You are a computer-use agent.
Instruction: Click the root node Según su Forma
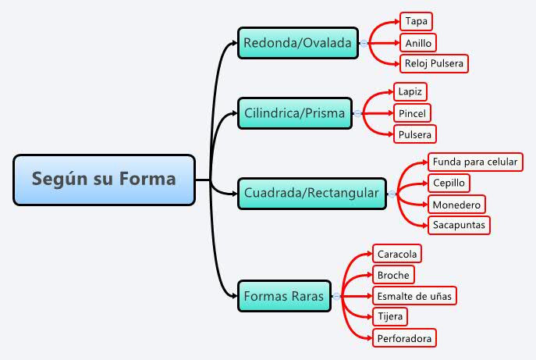pos(104,180)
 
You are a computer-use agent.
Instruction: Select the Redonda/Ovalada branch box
pos(297,42)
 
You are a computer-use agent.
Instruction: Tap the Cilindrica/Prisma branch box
pos(294,113)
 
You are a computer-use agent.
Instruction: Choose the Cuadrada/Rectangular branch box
pos(311,192)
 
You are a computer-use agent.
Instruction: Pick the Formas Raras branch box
pos(283,296)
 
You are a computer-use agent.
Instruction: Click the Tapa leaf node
pos(416,21)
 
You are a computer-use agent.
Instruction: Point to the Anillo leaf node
pos(418,42)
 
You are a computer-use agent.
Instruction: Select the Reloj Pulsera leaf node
pos(435,63)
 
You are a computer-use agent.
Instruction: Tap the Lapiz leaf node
pos(410,91)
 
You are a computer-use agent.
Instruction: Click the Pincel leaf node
pos(412,113)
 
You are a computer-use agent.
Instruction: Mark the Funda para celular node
pos(474,162)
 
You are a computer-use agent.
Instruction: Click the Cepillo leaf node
pos(449,183)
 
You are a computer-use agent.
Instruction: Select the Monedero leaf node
pos(456,204)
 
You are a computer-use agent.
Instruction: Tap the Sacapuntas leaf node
pos(459,225)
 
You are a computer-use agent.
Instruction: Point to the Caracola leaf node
pos(398,254)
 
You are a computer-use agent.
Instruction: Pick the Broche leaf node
pos(393,275)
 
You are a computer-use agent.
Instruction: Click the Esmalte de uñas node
pos(414,296)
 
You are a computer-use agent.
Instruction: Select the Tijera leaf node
pos(390,316)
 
